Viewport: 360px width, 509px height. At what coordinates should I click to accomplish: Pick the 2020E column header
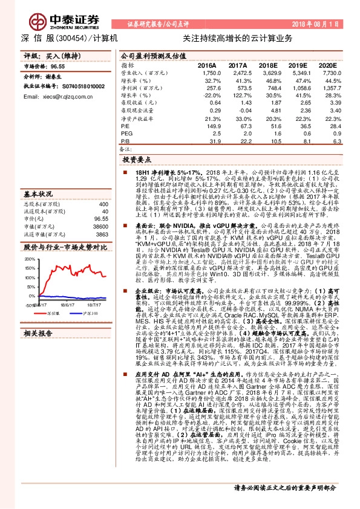tap(327, 65)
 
